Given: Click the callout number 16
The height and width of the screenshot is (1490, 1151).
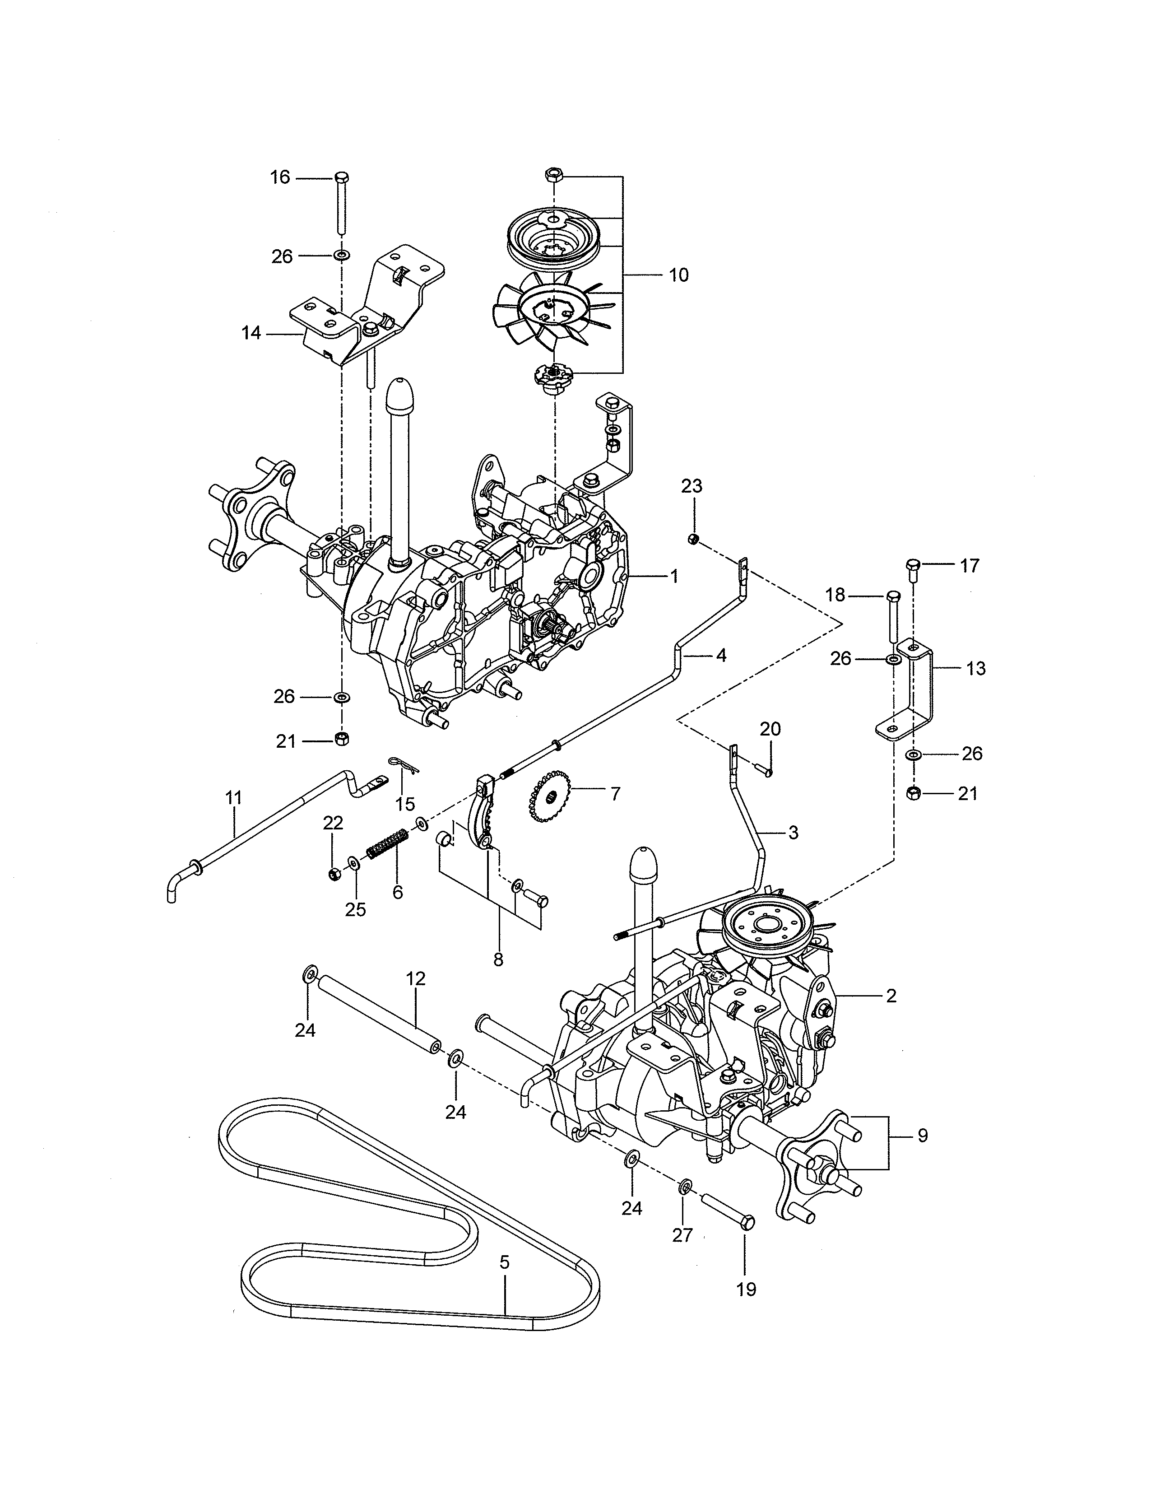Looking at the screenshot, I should coord(279,177).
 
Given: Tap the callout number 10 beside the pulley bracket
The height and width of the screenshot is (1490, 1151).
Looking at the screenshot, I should coord(678,275).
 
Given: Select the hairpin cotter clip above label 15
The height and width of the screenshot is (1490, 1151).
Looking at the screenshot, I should coord(402,765).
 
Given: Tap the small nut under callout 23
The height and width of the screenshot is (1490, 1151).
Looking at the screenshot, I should coord(692,540).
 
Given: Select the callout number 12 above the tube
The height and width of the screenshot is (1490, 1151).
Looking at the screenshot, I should coord(415,978).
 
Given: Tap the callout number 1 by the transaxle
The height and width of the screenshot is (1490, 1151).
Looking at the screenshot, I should coord(674,577).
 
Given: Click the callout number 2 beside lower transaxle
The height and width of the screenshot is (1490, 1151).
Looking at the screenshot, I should coord(891,996).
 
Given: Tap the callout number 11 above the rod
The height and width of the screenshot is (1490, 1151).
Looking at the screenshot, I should coord(234,797).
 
